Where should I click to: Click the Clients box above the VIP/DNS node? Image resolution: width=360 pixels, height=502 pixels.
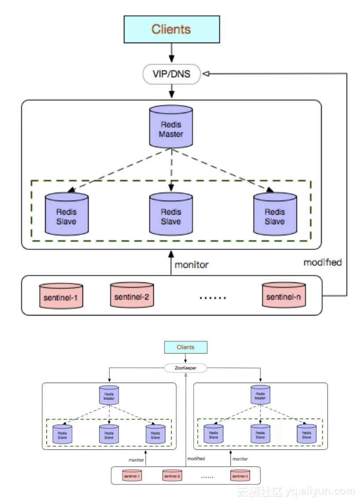click(171, 30)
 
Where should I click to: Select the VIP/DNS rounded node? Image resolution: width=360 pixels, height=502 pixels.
click(171, 74)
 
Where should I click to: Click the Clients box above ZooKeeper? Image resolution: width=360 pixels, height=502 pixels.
click(186, 347)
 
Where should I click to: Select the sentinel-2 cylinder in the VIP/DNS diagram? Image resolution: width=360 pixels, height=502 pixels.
click(131, 295)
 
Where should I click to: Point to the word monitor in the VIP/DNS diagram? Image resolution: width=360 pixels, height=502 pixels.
click(192, 265)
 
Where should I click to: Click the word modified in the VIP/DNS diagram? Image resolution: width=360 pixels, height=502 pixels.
click(323, 262)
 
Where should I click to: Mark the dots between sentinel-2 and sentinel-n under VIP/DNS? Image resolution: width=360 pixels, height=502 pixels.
click(213, 298)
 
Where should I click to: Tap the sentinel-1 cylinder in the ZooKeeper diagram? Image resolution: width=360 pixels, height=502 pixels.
click(132, 476)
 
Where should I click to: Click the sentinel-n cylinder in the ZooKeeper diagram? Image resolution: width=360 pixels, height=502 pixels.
click(240, 476)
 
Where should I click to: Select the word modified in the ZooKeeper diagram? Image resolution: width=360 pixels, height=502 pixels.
click(196, 458)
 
